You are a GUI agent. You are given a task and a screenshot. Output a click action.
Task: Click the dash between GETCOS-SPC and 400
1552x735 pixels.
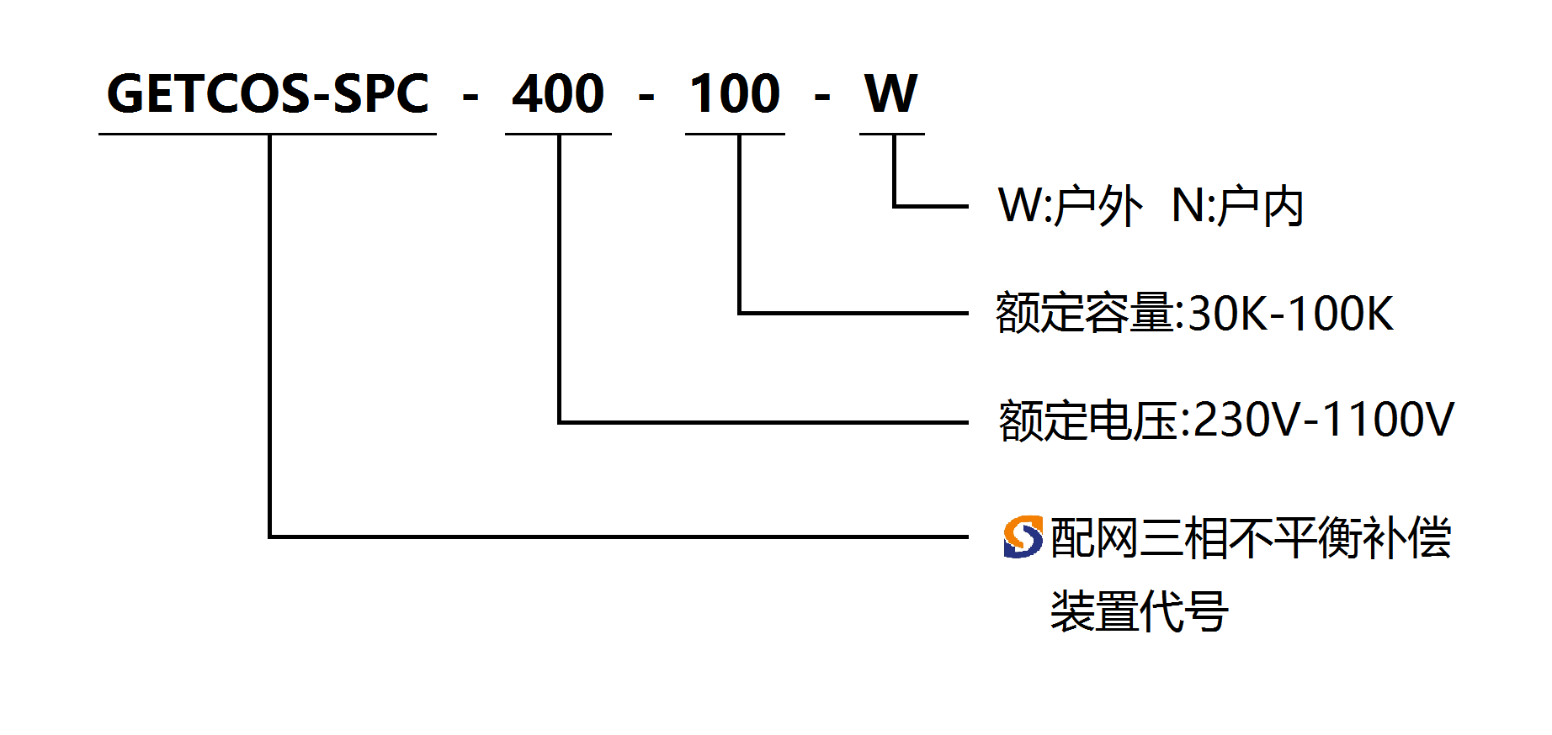(470, 98)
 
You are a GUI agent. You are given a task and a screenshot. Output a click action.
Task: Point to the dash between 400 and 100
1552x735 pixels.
(646, 98)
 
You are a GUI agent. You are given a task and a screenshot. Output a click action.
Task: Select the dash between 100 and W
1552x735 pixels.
(822, 98)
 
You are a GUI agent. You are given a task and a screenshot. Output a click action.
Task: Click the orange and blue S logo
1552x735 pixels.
(1023, 537)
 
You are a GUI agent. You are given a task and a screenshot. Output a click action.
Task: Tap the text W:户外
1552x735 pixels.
(1070, 206)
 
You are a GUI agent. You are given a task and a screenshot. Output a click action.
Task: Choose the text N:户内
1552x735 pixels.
(1237, 206)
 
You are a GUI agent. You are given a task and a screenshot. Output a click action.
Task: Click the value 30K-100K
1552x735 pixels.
(1290, 314)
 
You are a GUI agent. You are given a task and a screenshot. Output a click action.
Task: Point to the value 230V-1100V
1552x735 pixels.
(1323, 420)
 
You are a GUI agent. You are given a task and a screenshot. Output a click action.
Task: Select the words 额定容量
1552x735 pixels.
(1085, 313)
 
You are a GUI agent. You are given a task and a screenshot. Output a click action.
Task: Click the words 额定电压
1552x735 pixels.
(1088, 420)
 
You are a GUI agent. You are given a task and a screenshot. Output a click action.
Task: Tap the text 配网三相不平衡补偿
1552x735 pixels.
(1251, 537)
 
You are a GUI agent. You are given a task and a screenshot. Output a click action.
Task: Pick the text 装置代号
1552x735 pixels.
(1139, 611)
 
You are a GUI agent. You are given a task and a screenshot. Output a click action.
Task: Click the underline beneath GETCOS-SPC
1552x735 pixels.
(268, 134)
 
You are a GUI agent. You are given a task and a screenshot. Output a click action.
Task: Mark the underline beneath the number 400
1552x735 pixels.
(558, 134)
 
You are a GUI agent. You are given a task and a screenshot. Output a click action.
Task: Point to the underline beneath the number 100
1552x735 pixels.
(735, 134)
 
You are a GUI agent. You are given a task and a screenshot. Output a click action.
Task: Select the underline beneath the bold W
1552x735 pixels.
(891, 134)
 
